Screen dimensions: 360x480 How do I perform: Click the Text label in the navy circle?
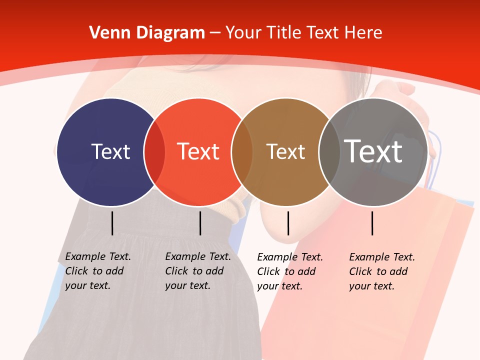pos(110,151)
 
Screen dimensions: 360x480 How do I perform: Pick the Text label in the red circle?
pos(198,151)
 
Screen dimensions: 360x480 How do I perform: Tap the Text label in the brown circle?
pos(285,151)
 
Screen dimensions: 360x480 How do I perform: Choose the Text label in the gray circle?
pos(373,151)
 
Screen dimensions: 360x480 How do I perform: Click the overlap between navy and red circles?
pos(154,152)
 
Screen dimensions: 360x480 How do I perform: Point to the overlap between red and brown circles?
pos(242,152)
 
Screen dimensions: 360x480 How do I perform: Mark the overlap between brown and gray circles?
pos(328,152)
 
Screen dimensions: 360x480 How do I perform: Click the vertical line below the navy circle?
pos(112,223)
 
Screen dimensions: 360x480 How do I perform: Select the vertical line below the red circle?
pos(200,223)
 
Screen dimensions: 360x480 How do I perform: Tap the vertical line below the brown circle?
pos(288,223)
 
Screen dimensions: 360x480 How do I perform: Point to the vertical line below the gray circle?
pos(372,223)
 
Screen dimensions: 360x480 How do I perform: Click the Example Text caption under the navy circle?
pos(98,271)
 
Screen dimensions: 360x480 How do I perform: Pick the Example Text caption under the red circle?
pos(198,271)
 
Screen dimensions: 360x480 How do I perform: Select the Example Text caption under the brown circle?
pos(290,271)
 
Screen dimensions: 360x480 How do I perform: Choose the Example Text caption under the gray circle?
pos(382,271)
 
